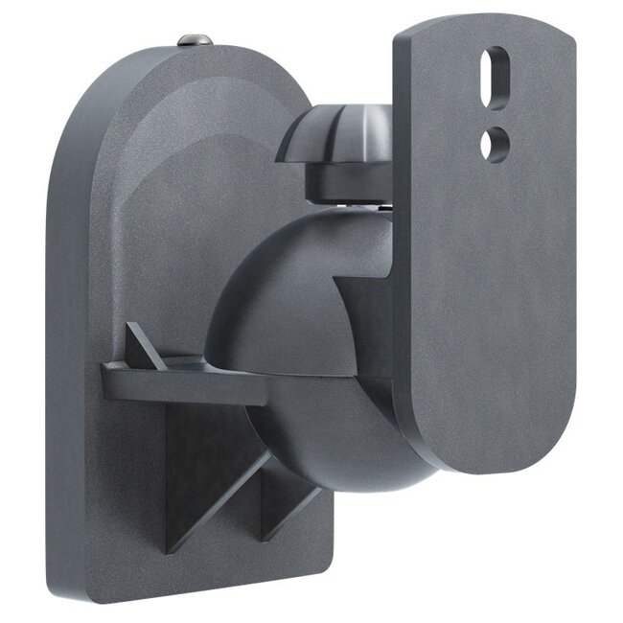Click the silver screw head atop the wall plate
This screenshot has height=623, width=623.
click(193, 39)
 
